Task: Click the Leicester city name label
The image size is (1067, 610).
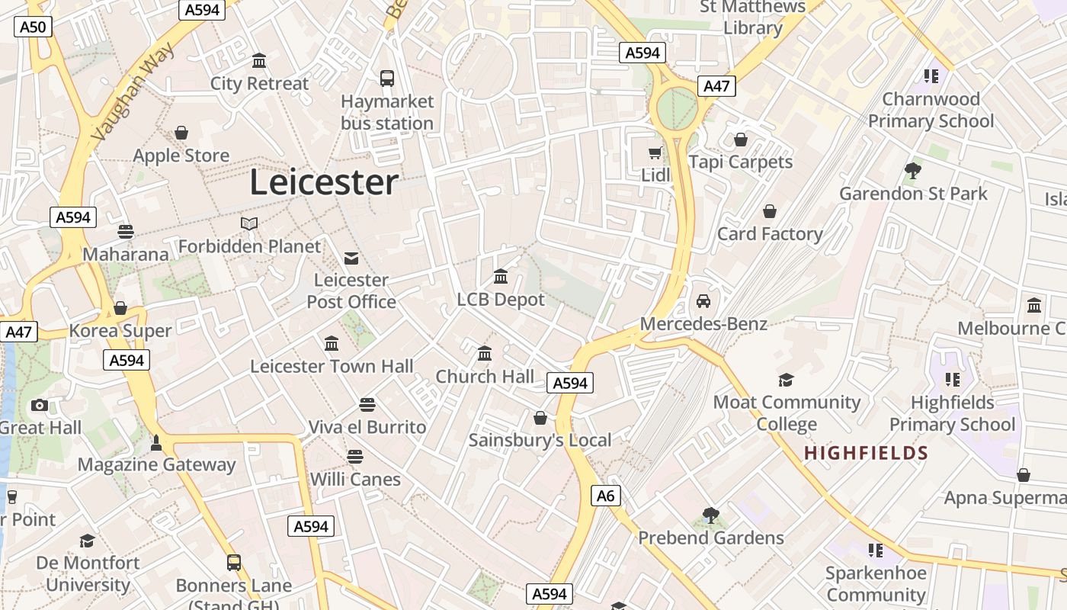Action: click(x=324, y=183)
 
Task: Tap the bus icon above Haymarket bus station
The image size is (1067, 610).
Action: click(x=387, y=78)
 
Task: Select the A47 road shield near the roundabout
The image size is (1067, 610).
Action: click(x=716, y=85)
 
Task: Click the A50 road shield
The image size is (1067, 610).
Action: click(x=33, y=27)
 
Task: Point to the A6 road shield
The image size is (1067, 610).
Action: click(x=605, y=496)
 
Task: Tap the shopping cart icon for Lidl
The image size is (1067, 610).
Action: click(x=655, y=153)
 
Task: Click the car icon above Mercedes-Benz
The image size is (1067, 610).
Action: click(x=703, y=301)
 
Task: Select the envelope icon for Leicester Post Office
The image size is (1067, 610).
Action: click(x=351, y=258)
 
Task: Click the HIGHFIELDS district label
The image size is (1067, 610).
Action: click(x=866, y=454)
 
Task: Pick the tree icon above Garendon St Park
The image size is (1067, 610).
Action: click(x=913, y=170)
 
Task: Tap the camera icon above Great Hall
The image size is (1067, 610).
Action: click(x=40, y=405)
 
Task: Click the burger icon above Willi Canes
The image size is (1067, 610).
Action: click(x=354, y=457)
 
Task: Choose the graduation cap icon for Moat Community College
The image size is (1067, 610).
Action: click(x=786, y=380)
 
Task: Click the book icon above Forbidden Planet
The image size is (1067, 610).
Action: click(x=249, y=223)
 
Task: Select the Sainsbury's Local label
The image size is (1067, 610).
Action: click(x=540, y=440)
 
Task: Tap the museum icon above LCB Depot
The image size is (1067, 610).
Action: click(x=501, y=276)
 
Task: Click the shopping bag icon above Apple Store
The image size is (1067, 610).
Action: click(x=181, y=133)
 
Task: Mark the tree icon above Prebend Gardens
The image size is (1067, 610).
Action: click(x=711, y=515)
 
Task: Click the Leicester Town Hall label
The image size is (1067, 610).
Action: click(x=332, y=367)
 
